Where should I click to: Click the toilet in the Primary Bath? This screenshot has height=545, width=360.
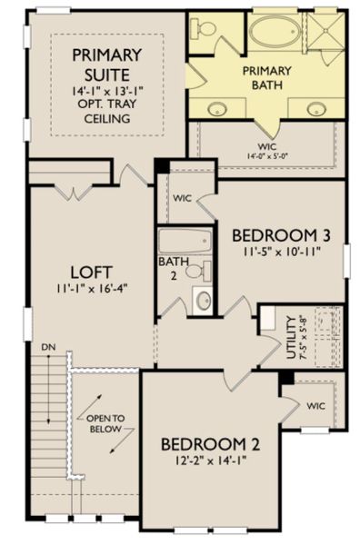pos(205,30)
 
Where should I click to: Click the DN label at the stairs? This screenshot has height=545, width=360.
pos(45,348)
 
